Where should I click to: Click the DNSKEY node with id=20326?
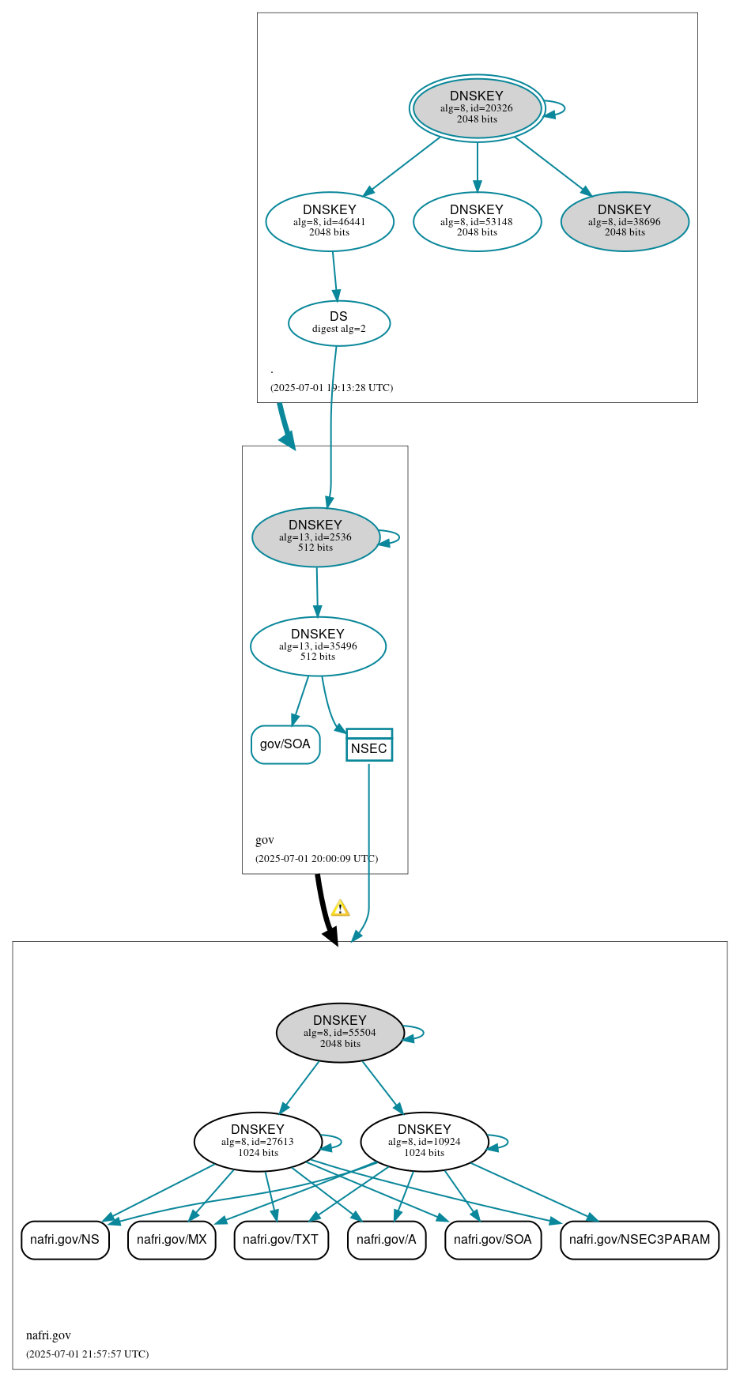pos(477,108)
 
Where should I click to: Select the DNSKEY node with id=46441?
pos(330,221)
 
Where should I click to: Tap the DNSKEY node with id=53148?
pos(477,221)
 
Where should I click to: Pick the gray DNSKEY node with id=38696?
pos(625,221)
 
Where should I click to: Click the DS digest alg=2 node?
pos(338,323)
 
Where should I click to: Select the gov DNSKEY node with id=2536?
pos(315,537)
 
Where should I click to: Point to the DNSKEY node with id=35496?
pos(318,646)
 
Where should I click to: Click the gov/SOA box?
pos(285,744)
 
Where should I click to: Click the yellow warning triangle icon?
pos(340,908)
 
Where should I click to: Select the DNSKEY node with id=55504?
pos(340,1033)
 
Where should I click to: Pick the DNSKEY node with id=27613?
pos(258,1142)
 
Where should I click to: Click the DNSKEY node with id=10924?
pos(425,1142)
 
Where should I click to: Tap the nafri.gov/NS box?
pos(65,1240)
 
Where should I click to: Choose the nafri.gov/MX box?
pos(172,1240)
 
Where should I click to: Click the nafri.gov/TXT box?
pos(281,1240)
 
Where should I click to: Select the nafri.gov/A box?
pos(387,1240)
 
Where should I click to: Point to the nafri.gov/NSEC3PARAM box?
pos(640,1240)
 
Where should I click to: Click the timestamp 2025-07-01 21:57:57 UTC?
pos(87,1354)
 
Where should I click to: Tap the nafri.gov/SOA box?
pos(493,1240)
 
